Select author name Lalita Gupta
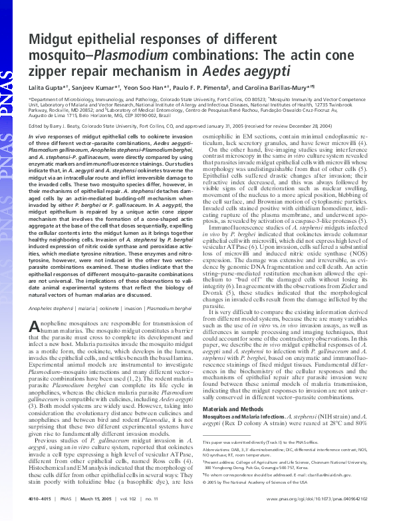pos(47,87)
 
